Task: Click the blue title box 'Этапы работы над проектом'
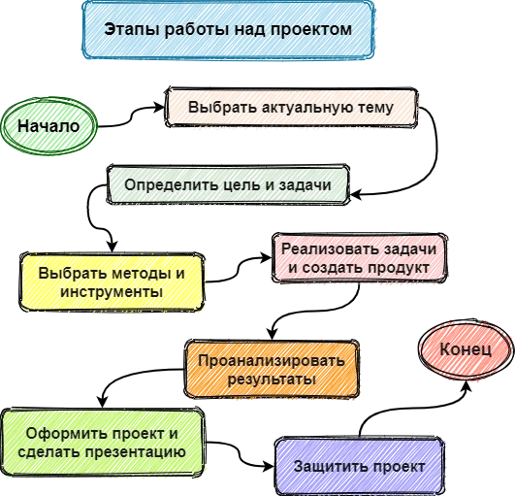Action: click(x=228, y=29)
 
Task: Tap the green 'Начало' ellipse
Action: click(x=48, y=126)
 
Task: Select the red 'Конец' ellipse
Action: click(x=466, y=349)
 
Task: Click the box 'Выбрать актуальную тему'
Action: click(x=291, y=108)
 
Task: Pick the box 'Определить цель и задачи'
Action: click(x=228, y=184)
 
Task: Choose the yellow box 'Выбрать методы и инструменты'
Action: click(x=112, y=282)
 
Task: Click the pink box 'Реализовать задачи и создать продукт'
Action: click(x=359, y=258)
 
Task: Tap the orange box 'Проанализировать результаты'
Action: click(x=272, y=370)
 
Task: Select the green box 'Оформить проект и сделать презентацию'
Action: click(x=103, y=443)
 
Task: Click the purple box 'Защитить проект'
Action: click(x=359, y=467)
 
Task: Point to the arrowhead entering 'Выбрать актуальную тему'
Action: click(x=160, y=107)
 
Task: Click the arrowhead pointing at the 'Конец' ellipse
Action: click(x=467, y=386)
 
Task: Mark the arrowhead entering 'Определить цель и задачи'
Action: click(x=355, y=194)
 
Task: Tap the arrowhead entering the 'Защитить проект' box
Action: click(x=269, y=466)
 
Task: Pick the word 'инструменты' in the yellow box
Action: click(x=112, y=292)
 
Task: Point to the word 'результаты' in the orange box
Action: click(x=272, y=380)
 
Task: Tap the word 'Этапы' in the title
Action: click(x=132, y=29)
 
